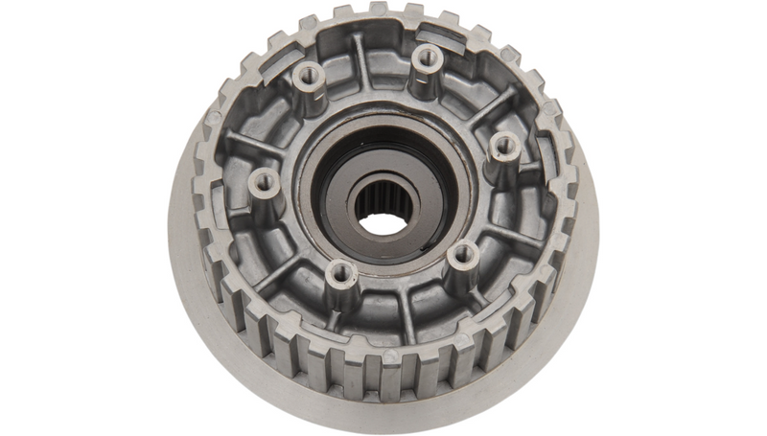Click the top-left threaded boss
click(x=309, y=77)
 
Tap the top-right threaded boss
click(x=426, y=58)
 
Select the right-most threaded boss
click(x=504, y=147)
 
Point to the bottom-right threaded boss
click(x=463, y=254)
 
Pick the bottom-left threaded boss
click(x=340, y=275)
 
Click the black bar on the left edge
click(x=81, y=218)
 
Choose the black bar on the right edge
click(x=685, y=218)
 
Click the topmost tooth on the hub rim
click(x=378, y=10)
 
